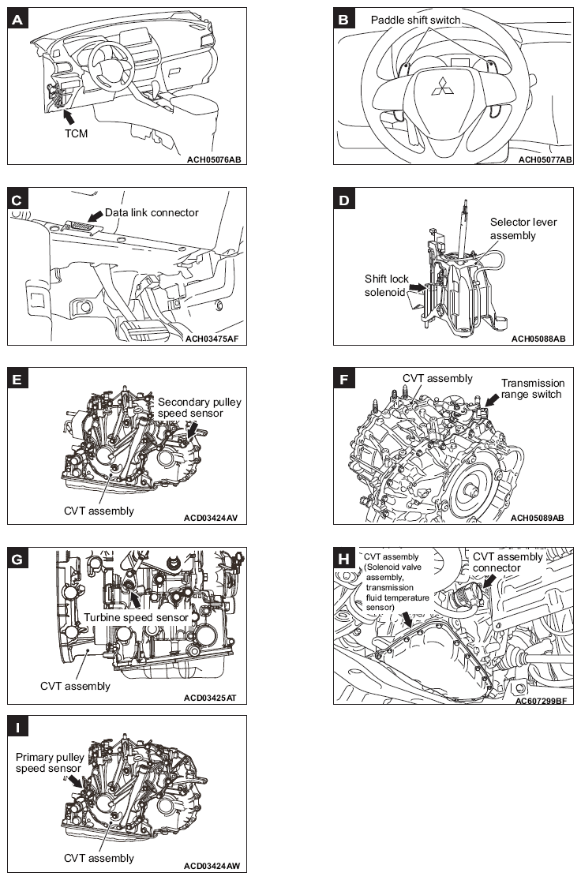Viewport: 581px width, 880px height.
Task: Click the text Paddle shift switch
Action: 415,20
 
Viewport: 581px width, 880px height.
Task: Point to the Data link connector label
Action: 152,212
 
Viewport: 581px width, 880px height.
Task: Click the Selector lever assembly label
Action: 523,228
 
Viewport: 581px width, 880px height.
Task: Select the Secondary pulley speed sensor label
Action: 199,408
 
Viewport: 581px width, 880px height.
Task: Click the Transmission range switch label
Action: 533,389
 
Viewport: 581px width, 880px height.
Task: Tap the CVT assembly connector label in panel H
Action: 508,562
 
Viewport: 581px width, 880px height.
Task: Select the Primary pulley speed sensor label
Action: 50,762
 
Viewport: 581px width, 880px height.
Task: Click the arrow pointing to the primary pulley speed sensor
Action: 76,781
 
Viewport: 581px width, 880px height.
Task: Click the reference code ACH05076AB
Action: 212,159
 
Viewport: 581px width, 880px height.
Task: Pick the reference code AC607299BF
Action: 541,699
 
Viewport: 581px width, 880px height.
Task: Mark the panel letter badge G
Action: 18,560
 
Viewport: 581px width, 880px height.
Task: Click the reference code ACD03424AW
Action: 212,865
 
